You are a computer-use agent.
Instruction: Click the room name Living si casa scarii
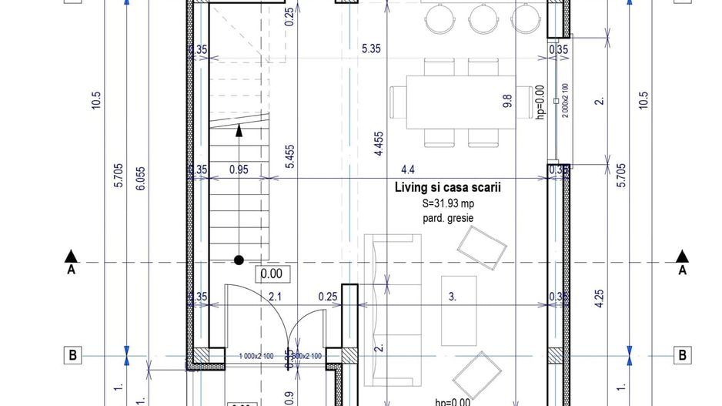coord(443,187)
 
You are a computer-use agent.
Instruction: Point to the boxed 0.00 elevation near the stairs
coord(271,273)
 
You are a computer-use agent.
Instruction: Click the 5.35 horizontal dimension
coord(371,50)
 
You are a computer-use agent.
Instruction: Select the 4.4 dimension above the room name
coord(407,170)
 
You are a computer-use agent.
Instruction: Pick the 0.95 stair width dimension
coord(239,170)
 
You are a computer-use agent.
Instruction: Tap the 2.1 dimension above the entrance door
coord(274,297)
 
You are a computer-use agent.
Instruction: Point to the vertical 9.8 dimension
coord(507,102)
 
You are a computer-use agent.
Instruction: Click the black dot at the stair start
coord(239,260)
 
